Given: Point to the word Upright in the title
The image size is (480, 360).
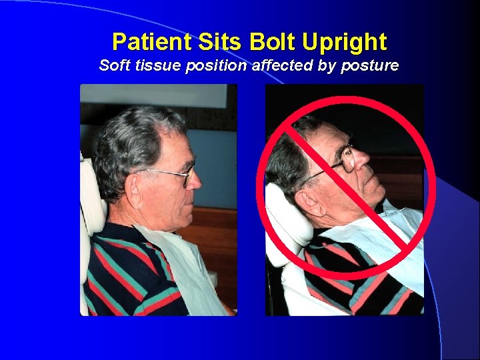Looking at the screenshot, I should [344, 42].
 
